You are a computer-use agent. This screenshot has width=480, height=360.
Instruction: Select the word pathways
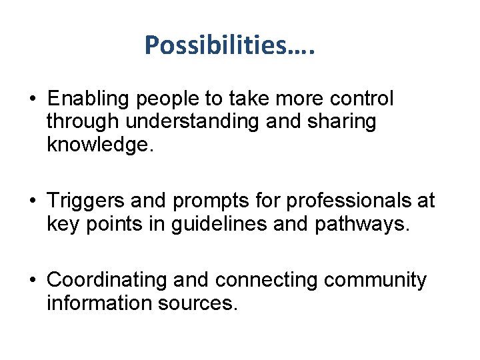(x=359, y=223)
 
